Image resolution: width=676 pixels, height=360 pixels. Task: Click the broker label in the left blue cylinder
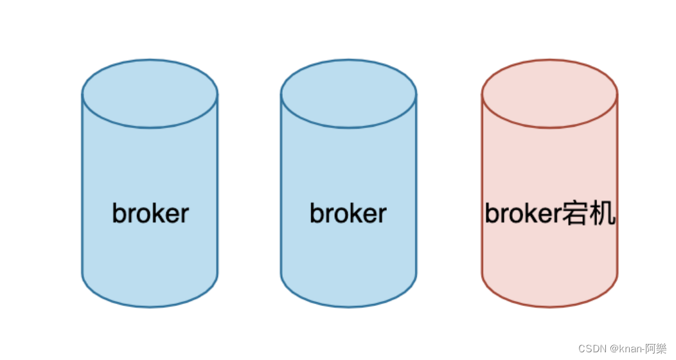(150, 213)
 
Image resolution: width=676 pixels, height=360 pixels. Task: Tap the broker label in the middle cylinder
(348, 213)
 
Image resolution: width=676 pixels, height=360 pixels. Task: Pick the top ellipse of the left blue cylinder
(150, 94)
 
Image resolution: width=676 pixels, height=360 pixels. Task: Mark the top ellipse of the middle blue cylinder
(348, 94)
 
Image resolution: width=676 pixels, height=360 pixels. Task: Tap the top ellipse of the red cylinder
(549, 94)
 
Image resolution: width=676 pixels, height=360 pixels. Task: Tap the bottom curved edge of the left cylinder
(150, 306)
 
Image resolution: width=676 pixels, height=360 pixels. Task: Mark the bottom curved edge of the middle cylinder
(348, 306)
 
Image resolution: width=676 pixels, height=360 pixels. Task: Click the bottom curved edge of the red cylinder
(549, 306)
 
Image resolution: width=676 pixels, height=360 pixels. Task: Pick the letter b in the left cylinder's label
(118, 213)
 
